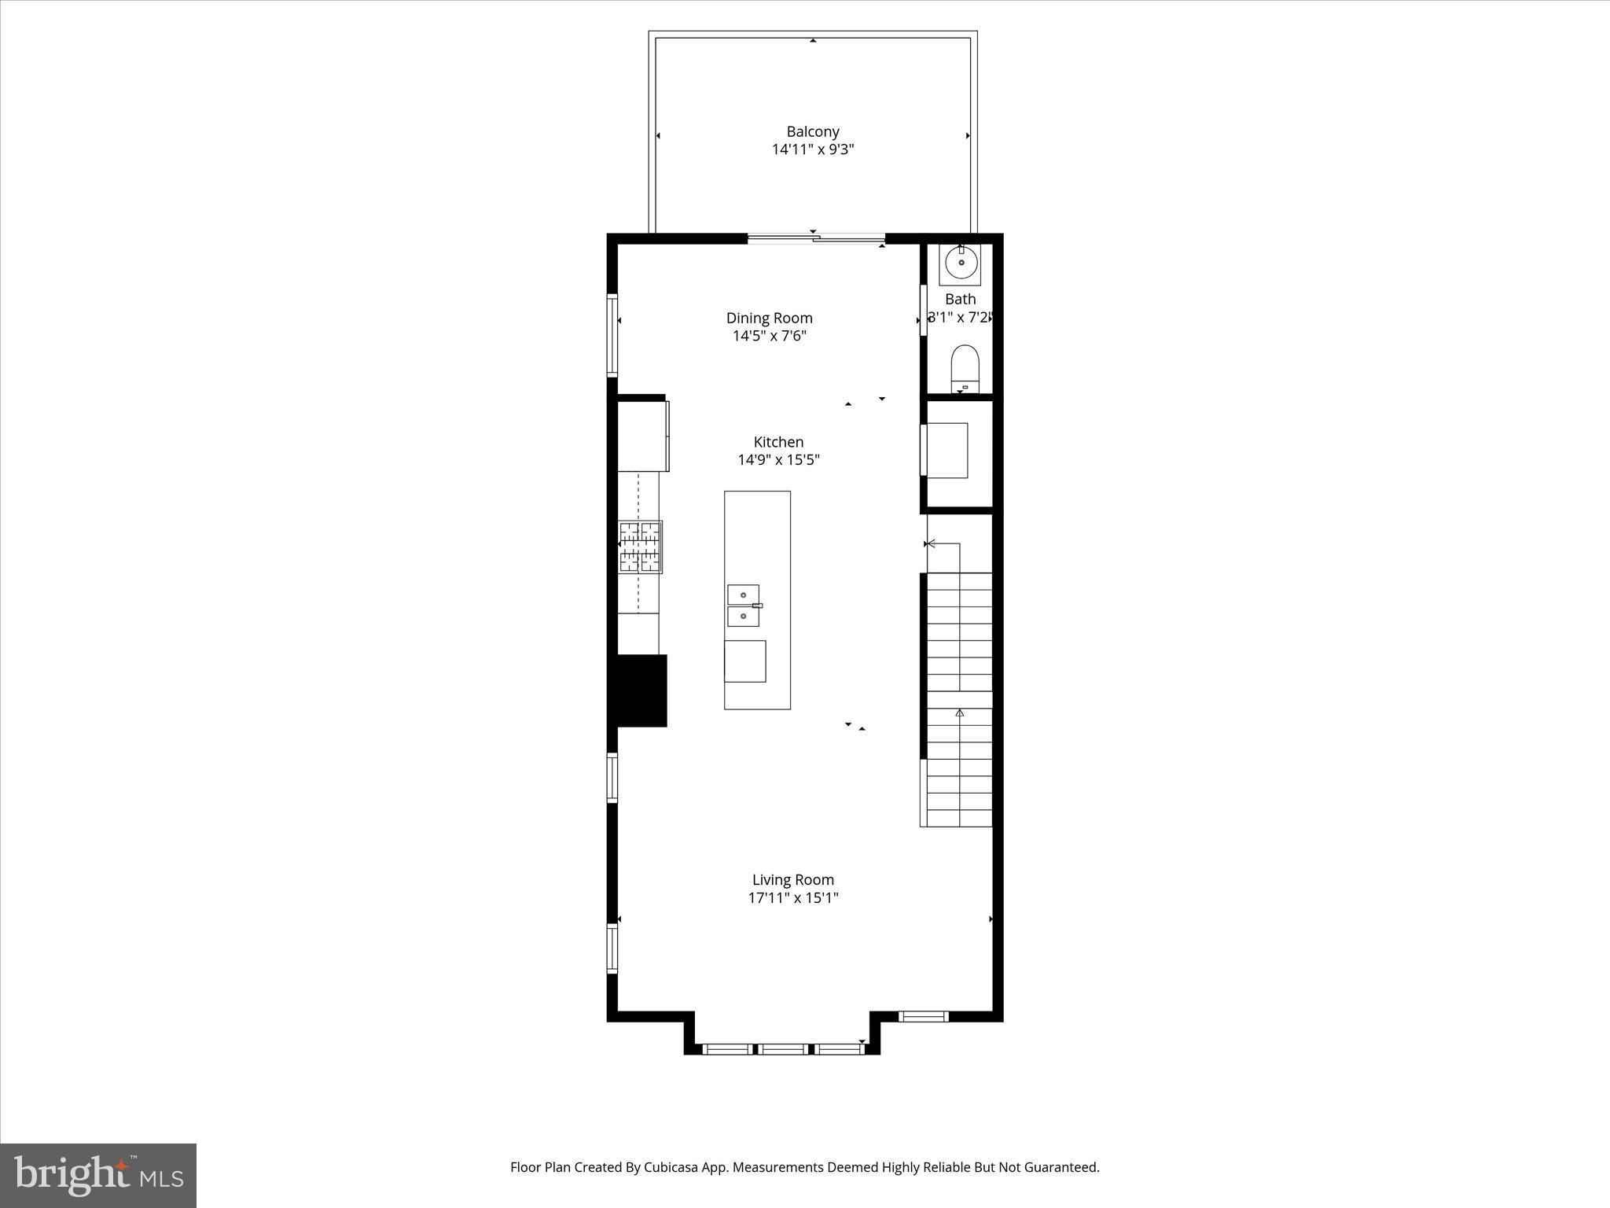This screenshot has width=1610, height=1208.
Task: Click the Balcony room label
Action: coord(813,131)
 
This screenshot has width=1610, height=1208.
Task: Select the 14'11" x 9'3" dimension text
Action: coord(813,149)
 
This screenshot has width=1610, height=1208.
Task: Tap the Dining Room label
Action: coord(769,318)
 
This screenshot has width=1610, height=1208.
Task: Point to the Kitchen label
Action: coord(778,442)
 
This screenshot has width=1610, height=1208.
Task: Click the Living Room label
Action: coord(792,880)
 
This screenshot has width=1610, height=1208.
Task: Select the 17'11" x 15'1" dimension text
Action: coord(792,898)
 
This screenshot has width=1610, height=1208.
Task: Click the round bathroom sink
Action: coord(960,263)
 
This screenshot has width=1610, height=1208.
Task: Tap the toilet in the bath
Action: coord(965,368)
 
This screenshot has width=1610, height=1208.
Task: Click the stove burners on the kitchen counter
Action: coord(640,547)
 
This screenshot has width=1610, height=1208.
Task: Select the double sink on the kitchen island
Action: coord(744,606)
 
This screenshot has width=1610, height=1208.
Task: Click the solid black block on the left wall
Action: coord(641,691)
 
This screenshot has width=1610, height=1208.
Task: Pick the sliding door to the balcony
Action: coord(816,238)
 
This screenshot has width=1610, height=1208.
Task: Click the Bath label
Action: coord(960,299)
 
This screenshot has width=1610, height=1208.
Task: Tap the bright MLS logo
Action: coord(98,1175)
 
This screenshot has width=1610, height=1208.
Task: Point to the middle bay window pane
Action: coord(784,1048)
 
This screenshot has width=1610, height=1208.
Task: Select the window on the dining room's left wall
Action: coord(612,334)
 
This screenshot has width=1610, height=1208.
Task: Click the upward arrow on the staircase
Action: coord(959,713)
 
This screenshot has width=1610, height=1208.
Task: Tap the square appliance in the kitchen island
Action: coord(744,661)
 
